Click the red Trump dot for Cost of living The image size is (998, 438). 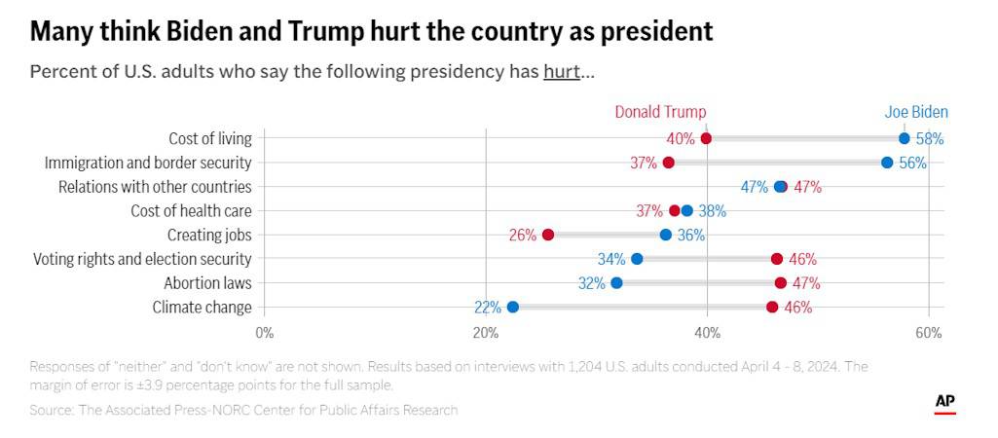point(706,138)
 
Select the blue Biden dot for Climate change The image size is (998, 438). point(513,308)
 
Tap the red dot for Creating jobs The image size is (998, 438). point(548,235)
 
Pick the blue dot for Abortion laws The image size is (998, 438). point(616,283)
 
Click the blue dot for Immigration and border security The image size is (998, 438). point(887,163)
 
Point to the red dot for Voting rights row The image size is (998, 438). point(777,259)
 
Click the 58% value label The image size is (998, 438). point(930,139)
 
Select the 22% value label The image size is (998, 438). point(488,308)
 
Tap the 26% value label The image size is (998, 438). point(523,236)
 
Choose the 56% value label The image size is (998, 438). point(912,164)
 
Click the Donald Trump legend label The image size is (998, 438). point(660,112)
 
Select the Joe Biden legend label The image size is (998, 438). point(915,112)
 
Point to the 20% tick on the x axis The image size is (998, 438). point(485,333)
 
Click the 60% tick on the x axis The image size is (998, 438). point(929,333)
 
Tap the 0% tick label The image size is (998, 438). point(264,333)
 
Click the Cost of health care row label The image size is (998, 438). point(191,211)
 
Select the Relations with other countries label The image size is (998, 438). point(155,187)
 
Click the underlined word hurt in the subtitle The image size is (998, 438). point(562,73)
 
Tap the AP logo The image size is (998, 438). point(944,402)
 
